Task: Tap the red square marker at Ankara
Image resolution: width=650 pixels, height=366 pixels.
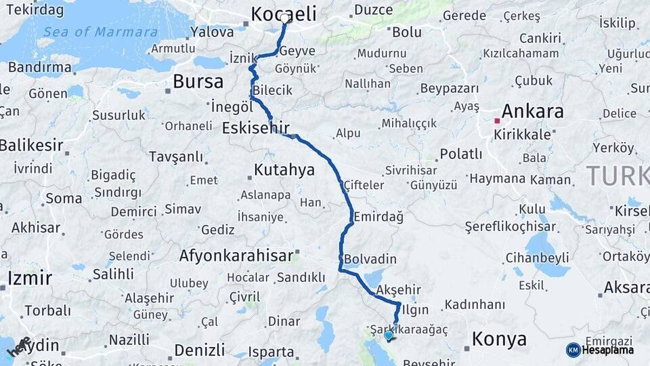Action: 497,121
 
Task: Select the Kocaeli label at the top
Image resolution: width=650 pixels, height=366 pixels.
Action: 284,14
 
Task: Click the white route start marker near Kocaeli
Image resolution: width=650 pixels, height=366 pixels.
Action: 286,18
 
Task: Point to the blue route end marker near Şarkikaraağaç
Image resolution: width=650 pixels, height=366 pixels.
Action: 388,335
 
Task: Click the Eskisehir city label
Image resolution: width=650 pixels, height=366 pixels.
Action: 255,127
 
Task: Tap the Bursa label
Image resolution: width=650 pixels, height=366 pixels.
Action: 198,82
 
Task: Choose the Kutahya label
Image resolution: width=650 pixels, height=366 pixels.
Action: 284,169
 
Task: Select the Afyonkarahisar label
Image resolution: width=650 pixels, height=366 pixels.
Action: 237,256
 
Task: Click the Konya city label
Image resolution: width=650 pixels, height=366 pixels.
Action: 499,339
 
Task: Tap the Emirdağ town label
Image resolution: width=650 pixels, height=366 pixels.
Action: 378,217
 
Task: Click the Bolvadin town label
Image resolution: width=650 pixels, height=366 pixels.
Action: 370,259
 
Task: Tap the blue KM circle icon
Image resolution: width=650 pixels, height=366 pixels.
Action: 573,350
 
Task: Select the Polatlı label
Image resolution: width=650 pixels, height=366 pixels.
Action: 461,154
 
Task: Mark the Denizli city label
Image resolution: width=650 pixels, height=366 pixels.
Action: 199,350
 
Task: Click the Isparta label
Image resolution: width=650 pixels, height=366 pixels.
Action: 272,352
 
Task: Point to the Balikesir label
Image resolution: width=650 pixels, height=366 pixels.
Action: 31,145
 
